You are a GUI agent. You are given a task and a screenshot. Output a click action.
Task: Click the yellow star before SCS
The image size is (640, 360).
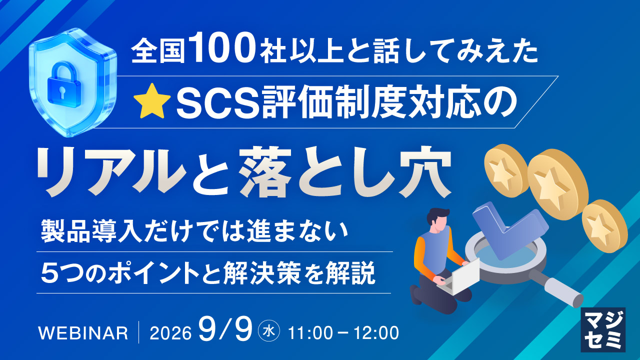[x=153, y=101]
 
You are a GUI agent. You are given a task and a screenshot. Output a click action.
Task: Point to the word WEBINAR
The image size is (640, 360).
[x=83, y=333]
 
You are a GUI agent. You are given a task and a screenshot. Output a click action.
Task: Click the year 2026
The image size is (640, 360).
[x=170, y=333]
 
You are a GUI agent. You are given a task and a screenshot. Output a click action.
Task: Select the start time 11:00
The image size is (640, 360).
[x=310, y=333]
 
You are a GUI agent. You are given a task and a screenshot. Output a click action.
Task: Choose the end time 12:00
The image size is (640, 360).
[x=376, y=333]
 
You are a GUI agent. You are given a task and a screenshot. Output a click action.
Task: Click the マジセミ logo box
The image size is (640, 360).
[x=603, y=329]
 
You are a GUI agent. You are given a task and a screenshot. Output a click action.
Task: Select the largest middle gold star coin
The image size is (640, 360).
[x=557, y=184]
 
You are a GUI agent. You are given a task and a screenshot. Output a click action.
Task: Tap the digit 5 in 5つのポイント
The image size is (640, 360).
[x=47, y=272]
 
